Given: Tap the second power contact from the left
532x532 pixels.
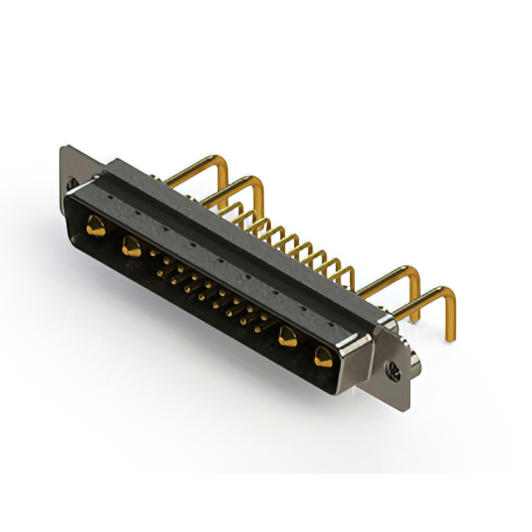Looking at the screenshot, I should [x=130, y=246].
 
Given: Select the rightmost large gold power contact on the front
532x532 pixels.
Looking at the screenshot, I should [x=323, y=358].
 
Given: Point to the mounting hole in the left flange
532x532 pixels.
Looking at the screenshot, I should [x=72, y=182].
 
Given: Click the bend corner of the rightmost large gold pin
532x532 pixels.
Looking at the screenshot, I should [x=449, y=293].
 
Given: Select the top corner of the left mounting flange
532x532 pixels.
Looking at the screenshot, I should [x=63, y=147].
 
